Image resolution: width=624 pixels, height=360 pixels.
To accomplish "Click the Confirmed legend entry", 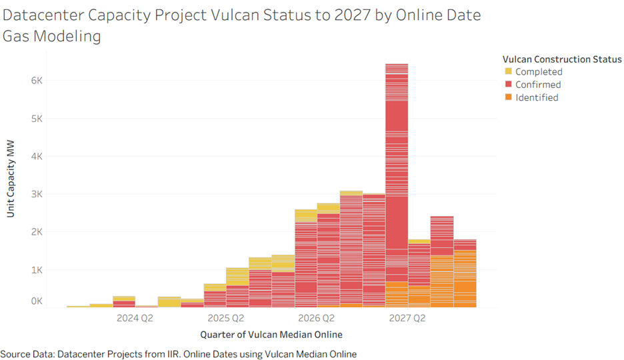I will pyautogui.click(x=538, y=85).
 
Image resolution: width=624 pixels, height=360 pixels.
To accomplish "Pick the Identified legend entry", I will pyautogui.click(x=537, y=97).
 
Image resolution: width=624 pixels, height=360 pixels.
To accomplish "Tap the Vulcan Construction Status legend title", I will pyautogui.click(x=561, y=59).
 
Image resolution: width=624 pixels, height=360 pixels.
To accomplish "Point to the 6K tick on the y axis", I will pyautogui.click(x=36, y=81).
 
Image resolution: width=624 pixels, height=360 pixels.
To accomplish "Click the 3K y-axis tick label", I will pyautogui.click(x=36, y=195).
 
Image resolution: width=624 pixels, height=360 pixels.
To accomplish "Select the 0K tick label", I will pyautogui.click(x=36, y=301).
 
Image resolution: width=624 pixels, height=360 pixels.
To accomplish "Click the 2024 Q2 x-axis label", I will pyautogui.click(x=135, y=318).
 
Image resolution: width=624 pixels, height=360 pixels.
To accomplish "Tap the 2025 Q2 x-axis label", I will pyautogui.click(x=225, y=318).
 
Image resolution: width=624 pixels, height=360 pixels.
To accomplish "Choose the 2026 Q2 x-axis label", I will pyautogui.click(x=316, y=318).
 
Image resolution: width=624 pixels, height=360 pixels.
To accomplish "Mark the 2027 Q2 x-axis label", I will pyautogui.click(x=407, y=318).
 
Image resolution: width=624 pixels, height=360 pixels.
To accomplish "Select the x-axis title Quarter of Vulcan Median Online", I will pyautogui.click(x=271, y=334).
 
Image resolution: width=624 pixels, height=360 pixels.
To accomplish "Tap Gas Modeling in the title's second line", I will pyautogui.click(x=51, y=37).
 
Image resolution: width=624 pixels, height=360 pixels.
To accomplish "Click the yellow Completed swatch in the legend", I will pyautogui.click(x=509, y=71).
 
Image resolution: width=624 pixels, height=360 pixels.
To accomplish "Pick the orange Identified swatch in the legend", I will pyautogui.click(x=509, y=97).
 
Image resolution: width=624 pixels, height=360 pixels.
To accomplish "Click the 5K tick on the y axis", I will pyautogui.click(x=36, y=119).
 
